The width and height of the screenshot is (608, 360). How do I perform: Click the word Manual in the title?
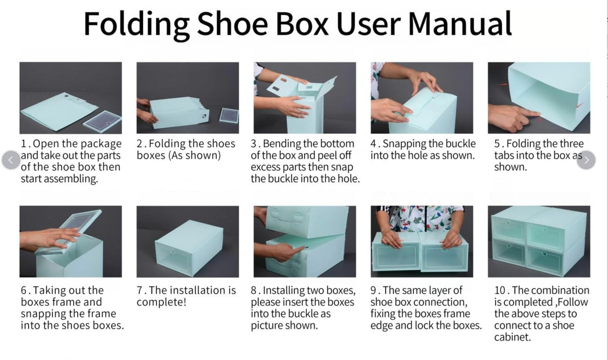point(460,24)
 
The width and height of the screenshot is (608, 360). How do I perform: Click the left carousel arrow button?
point(11,160)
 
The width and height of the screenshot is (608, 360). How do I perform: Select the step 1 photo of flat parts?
point(70,98)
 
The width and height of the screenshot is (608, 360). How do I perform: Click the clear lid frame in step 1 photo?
point(102,121)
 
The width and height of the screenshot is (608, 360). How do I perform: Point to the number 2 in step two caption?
point(140,144)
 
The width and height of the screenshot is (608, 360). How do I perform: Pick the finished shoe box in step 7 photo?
point(189,247)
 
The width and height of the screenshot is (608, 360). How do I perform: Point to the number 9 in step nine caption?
point(373,291)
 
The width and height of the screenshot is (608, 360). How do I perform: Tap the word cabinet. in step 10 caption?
point(512,337)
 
